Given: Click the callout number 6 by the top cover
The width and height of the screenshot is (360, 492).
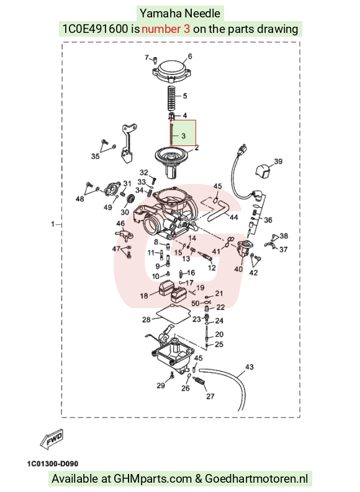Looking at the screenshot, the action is point(190,57).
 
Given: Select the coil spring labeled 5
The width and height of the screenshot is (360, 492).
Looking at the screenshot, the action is point(171,98).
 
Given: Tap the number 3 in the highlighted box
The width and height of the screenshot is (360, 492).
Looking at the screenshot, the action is point(184,136).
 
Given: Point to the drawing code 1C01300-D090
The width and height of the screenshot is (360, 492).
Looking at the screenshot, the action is point(53,463).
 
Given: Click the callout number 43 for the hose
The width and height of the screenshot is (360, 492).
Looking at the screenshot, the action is point(250,367).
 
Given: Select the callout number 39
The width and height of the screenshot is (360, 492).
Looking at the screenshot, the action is point(278,162).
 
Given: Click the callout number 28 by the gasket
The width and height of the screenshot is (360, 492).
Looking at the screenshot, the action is point(146,320).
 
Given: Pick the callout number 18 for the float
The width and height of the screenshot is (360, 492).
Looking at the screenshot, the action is point(144,296).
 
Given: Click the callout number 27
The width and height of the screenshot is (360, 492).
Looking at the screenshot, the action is point(210,396).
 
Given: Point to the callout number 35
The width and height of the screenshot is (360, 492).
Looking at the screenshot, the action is point(96,157).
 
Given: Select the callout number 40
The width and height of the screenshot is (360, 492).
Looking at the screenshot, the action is point(238,269).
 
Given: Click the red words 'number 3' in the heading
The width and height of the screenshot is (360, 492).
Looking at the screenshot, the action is point(166,29).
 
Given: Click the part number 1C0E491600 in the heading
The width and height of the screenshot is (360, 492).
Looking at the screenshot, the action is point(95,29).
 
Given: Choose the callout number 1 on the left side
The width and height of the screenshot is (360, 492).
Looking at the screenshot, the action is point(53,224).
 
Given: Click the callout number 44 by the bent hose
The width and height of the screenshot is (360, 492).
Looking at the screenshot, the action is point(234,217).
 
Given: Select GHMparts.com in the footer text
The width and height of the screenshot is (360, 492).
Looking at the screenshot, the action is point(153,479).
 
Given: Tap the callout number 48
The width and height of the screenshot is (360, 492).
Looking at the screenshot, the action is point(80,199).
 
